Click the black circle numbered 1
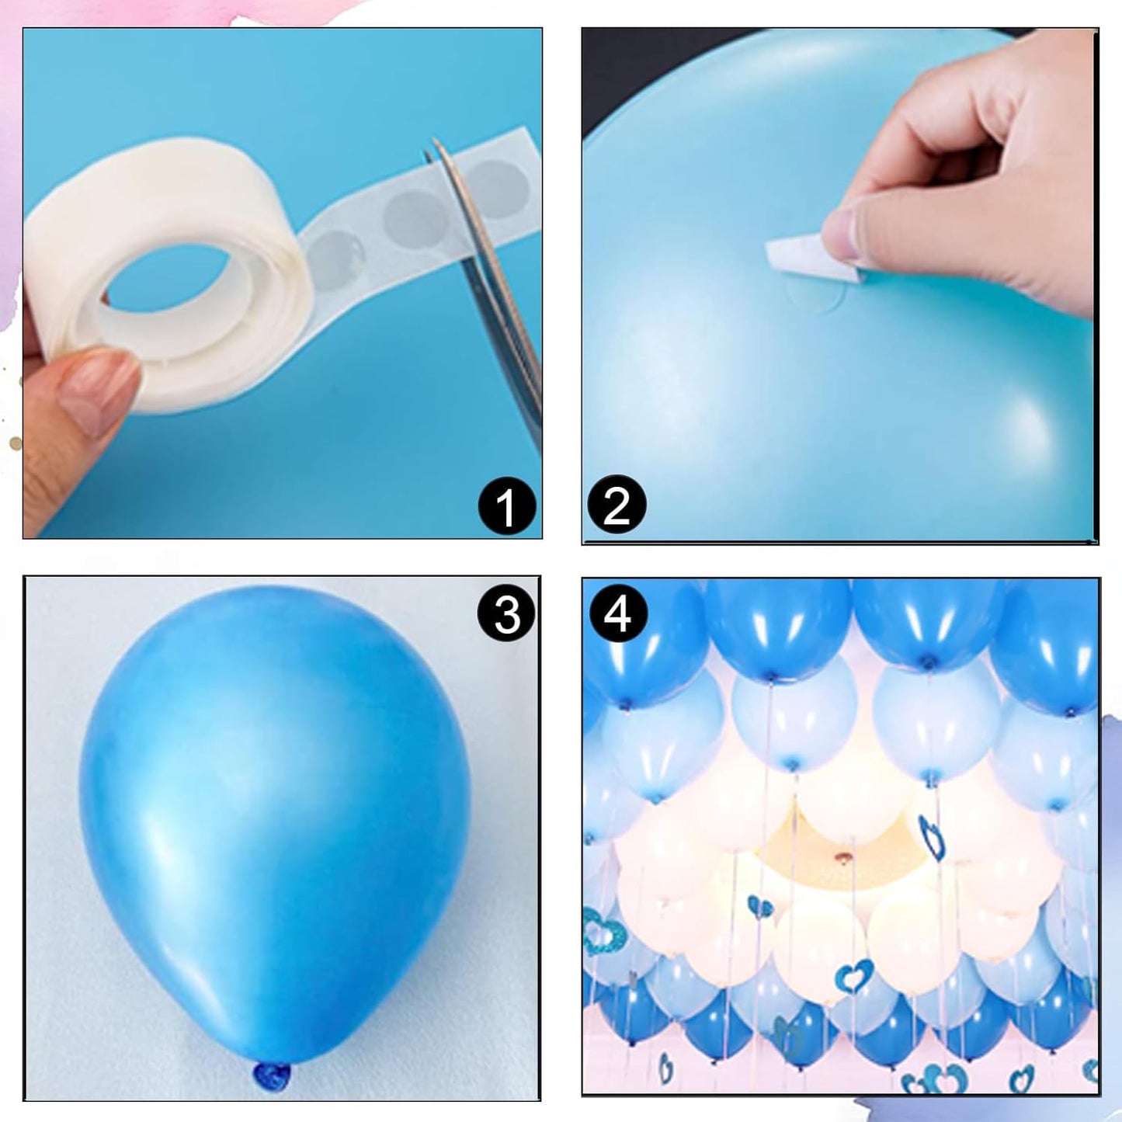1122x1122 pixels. click(506, 507)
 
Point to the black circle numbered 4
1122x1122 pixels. click(618, 614)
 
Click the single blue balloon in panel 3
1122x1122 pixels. click(272, 823)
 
